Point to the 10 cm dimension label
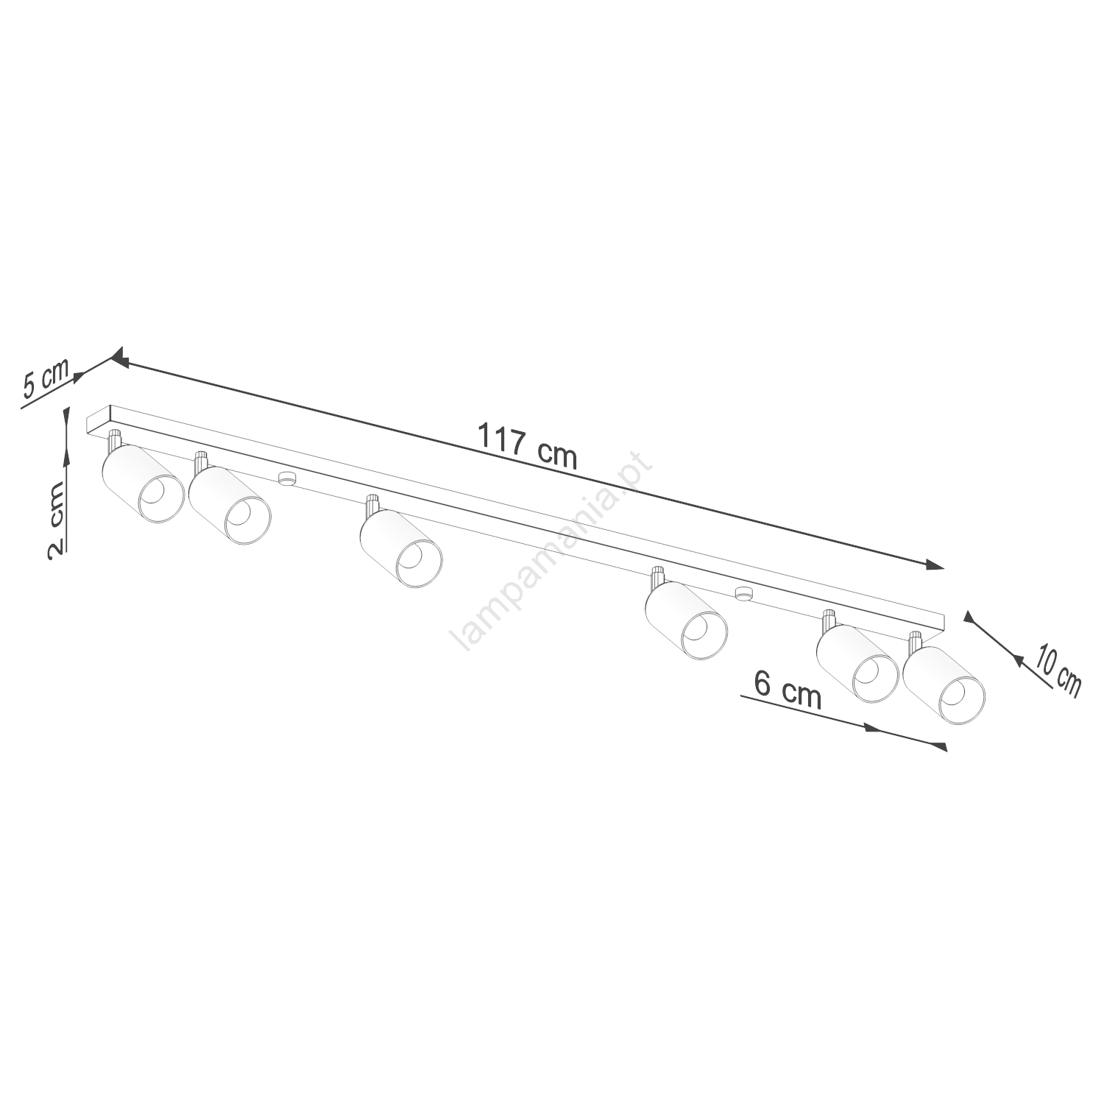pyautogui.click(x=1058, y=668)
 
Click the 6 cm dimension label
pyautogui.click(x=787, y=690)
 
